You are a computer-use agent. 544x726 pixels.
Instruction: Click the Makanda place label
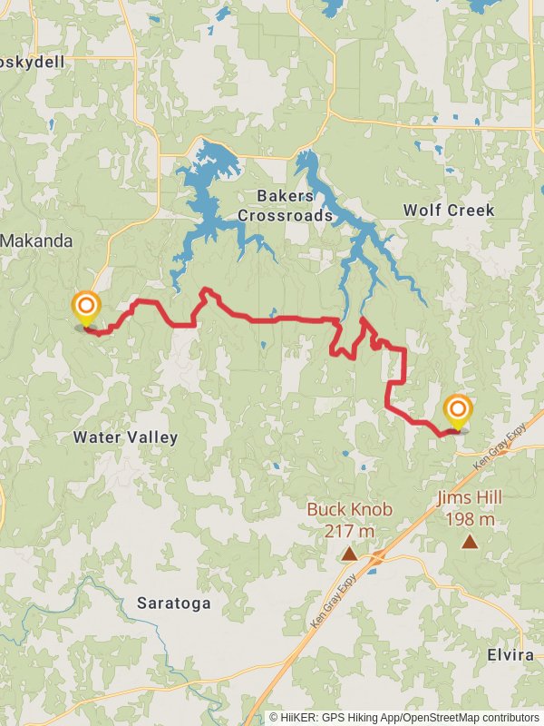point(36,241)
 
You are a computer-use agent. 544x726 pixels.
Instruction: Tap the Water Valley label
point(125,437)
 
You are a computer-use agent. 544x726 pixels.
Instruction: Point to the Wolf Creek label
point(449,211)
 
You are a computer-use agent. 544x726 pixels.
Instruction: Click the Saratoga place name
point(174,603)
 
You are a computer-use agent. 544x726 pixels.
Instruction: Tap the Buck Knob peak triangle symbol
point(349,553)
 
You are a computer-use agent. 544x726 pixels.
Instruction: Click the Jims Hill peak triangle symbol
point(470,543)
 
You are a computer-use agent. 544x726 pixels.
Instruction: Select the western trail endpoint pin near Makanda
point(86,308)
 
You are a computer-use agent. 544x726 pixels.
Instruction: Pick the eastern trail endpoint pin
point(457,411)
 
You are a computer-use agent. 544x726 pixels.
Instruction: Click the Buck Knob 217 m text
point(349,519)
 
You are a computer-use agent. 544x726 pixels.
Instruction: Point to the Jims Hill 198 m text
point(470,508)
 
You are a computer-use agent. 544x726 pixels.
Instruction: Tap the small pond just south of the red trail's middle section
point(261,345)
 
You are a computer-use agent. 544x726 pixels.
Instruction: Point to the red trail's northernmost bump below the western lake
point(207,291)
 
